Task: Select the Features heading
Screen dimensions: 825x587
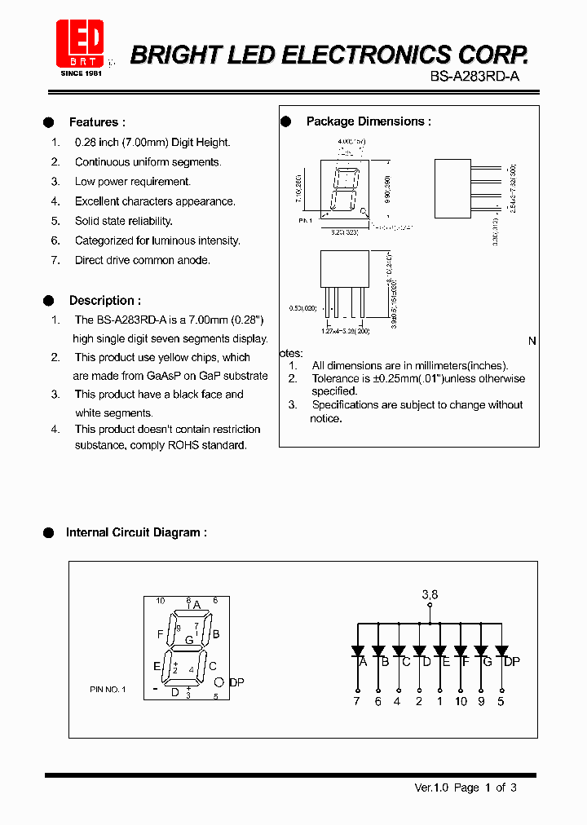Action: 97,122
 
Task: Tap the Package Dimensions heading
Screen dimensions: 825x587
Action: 369,121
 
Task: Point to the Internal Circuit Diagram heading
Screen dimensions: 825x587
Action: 136,532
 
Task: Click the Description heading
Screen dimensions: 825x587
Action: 104,301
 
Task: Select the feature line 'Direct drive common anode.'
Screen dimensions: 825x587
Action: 143,260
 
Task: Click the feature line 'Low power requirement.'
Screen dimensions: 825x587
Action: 133,182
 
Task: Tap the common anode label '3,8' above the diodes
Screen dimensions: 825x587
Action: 430,595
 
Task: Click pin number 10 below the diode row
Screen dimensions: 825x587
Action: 461,701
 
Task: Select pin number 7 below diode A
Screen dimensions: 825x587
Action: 356,701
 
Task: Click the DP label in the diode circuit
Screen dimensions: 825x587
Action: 511,662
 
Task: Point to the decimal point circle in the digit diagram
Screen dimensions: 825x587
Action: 219,682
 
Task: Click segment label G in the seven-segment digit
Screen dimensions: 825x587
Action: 189,640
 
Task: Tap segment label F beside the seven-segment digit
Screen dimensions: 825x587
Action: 160,633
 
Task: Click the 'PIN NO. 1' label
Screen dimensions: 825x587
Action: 108,690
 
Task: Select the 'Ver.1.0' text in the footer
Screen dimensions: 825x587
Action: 432,787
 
